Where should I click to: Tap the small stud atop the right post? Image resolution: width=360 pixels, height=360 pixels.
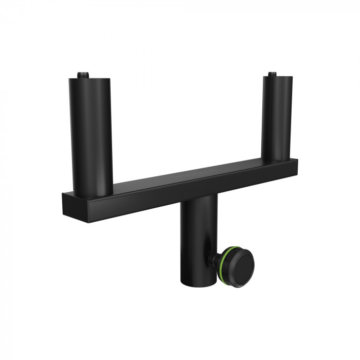(272, 74)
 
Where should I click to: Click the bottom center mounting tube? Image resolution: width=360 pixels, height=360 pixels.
(196, 242)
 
